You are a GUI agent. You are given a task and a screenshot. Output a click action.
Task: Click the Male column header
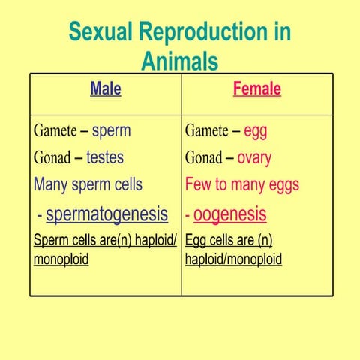click(106, 89)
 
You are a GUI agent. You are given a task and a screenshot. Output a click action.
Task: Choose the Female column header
click(257, 89)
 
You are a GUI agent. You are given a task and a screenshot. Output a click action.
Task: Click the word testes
click(105, 158)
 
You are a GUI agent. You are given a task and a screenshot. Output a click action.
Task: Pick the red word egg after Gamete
click(256, 131)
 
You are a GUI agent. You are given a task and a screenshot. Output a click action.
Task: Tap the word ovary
click(254, 158)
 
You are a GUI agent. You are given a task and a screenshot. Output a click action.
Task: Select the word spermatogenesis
click(106, 214)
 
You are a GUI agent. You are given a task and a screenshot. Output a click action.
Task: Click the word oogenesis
click(229, 214)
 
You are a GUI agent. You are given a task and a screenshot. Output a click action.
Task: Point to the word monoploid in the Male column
click(61, 259)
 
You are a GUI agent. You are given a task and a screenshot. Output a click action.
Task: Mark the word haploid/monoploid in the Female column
click(233, 259)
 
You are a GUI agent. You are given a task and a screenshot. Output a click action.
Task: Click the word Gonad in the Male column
click(52, 158)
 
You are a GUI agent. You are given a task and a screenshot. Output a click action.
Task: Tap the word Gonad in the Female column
click(203, 158)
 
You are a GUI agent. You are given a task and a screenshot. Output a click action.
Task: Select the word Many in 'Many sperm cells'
click(52, 184)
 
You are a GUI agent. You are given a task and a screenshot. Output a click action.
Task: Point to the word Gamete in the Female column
click(207, 131)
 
